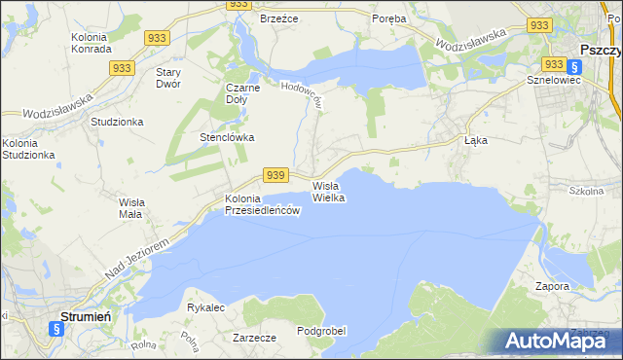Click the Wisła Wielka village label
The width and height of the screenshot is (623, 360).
click(x=329, y=191)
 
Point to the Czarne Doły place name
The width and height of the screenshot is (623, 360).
click(x=244, y=93)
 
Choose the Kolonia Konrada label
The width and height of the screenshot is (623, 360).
click(x=94, y=44)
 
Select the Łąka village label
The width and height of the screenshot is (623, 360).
click(x=475, y=140)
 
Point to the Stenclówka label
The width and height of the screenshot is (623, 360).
click(x=227, y=137)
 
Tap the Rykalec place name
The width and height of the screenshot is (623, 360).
click(x=206, y=307)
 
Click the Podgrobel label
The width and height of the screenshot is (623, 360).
click(x=321, y=331)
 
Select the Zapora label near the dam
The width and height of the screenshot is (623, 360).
click(x=552, y=286)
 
